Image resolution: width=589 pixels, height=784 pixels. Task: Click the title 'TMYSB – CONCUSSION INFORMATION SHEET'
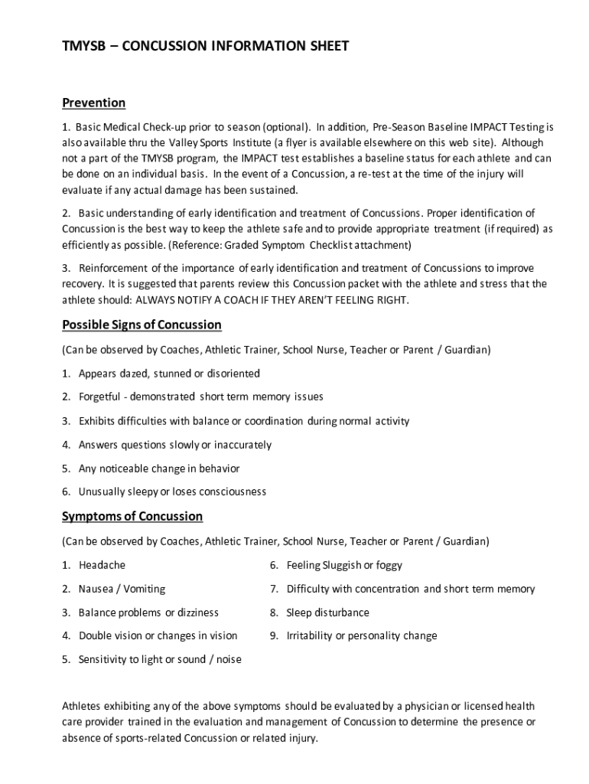click(205, 47)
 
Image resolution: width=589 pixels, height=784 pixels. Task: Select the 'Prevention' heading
click(93, 103)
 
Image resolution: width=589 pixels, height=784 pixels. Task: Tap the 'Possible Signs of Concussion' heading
click(142, 325)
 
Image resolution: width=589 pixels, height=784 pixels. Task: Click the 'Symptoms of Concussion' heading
click(132, 517)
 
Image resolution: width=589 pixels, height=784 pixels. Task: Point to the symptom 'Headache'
click(102, 566)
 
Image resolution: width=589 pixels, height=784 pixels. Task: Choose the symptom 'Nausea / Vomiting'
click(122, 590)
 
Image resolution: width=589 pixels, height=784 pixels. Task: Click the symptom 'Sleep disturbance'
click(327, 613)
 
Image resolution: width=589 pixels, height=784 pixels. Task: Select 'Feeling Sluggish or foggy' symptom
click(344, 566)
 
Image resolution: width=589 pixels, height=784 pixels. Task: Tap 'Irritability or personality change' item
click(362, 636)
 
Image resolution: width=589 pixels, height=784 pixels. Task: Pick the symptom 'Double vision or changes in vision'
click(158, 636)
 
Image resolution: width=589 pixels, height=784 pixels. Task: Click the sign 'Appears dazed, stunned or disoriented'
click(169, 374)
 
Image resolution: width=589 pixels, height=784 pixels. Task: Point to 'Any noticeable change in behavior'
click(159, 469)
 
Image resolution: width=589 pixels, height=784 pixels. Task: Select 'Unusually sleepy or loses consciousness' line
click(172, 492)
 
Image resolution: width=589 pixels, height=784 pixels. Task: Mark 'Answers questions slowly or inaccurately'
click(175, 446)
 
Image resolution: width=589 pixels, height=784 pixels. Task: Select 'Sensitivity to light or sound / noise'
click(160, 660)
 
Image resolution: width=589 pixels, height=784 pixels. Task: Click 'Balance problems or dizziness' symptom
click(148, 613)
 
